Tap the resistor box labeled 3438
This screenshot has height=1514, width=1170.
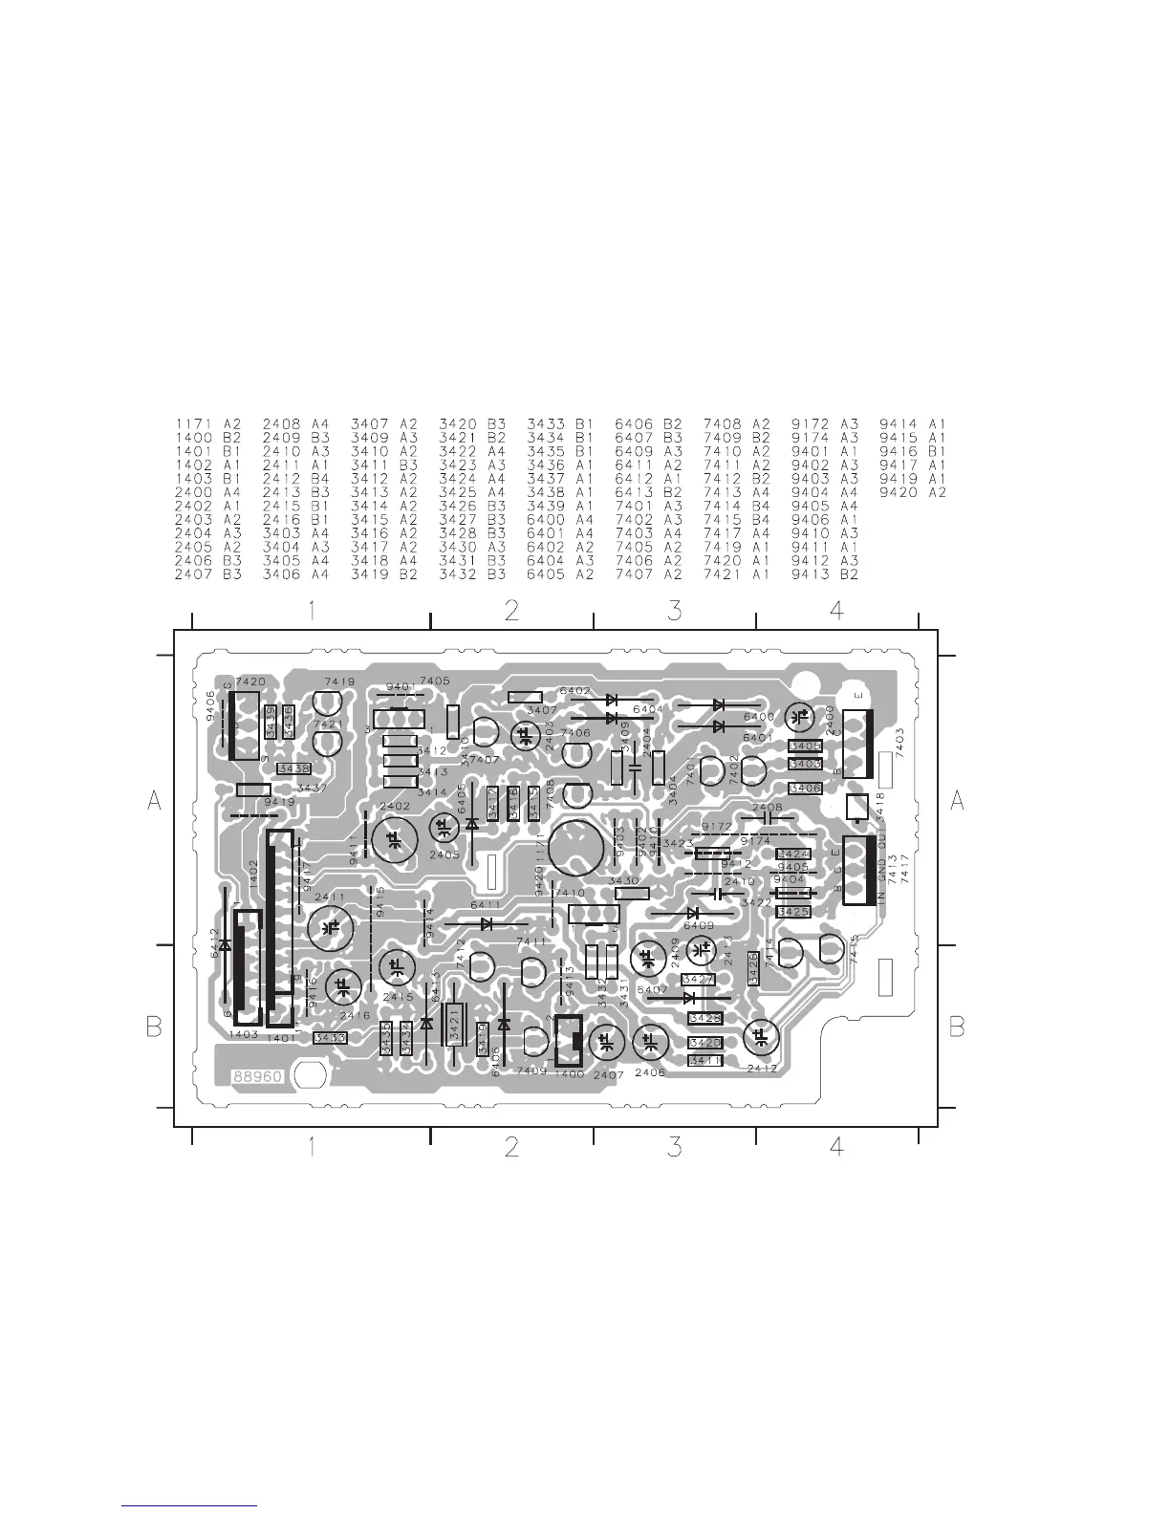click(x=292, y=768)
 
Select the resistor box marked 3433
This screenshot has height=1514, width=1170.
click(x=330, y=1038)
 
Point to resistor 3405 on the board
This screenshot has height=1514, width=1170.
click(x=806, y=746)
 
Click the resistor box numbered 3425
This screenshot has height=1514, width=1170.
click(x=794, y=912)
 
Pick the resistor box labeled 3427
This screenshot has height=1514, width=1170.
click(x=699, y=980)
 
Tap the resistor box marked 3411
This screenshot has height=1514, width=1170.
click(x=705, y=1061)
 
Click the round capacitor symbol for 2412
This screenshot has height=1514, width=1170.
click(x=762, y=1037)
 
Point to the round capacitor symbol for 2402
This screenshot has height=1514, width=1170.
click(x=394, y=840)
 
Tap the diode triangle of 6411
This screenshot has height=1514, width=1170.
click(x=487, y=924)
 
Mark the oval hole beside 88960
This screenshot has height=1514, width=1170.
click(x=310, y=1075)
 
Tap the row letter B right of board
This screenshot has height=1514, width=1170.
click(x=957, y=1027)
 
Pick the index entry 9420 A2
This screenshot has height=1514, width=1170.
click(x=913, y=492)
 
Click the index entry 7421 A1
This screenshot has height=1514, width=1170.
click(x=737, y=574)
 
